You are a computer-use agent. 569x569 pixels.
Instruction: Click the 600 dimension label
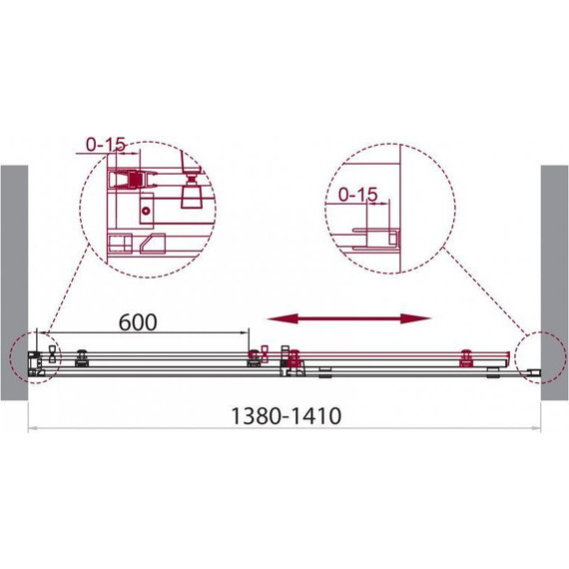coord(138,322)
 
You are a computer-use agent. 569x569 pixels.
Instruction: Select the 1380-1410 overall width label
coord(285,416)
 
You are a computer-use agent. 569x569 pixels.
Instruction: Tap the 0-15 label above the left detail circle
coord(106,145)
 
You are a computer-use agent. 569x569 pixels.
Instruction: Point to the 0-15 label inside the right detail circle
coord(357,195)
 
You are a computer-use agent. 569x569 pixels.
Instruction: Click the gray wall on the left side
coord(14,284)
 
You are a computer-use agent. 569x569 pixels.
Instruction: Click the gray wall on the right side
coord(555,284)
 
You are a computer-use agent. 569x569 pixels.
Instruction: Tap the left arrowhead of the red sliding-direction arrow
coord(283,318)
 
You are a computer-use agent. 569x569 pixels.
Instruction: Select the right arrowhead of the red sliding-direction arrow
coord(415,318)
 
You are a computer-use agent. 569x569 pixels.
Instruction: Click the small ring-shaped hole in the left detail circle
coord(146,211)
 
